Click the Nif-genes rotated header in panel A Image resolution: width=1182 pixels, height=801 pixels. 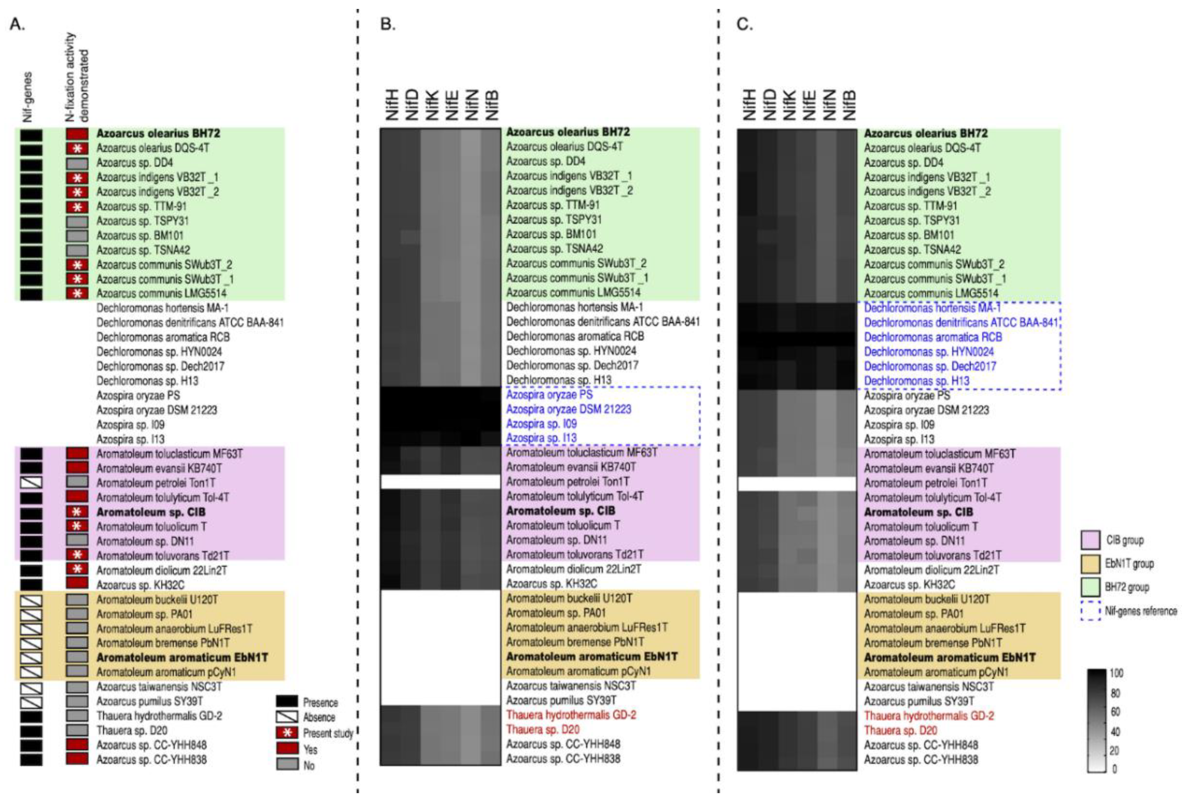(x=28, y=97)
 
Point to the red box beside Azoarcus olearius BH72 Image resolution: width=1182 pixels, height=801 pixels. (x=77, y=134)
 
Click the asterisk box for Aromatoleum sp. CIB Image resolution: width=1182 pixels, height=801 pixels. (x=77, y=512)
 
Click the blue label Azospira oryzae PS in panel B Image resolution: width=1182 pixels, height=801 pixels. (x=549, y=395)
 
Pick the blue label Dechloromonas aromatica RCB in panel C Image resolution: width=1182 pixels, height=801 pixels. (x=933, y=337)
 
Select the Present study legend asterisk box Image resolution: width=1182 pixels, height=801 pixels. (x=287, y=733)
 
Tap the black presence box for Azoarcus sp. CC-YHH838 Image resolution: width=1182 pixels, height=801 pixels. (x=31, y=759)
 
